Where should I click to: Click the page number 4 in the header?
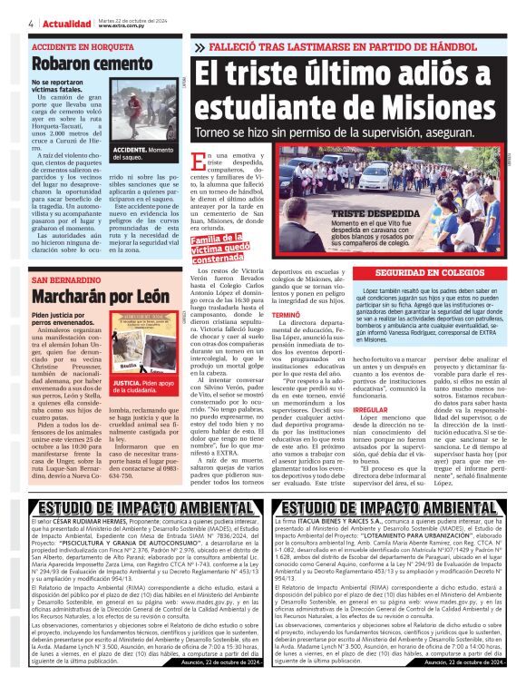pyautogui.click(x=31, y=23)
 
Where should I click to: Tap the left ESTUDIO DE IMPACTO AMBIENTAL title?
pyautogui.click(x=133, y=532)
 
